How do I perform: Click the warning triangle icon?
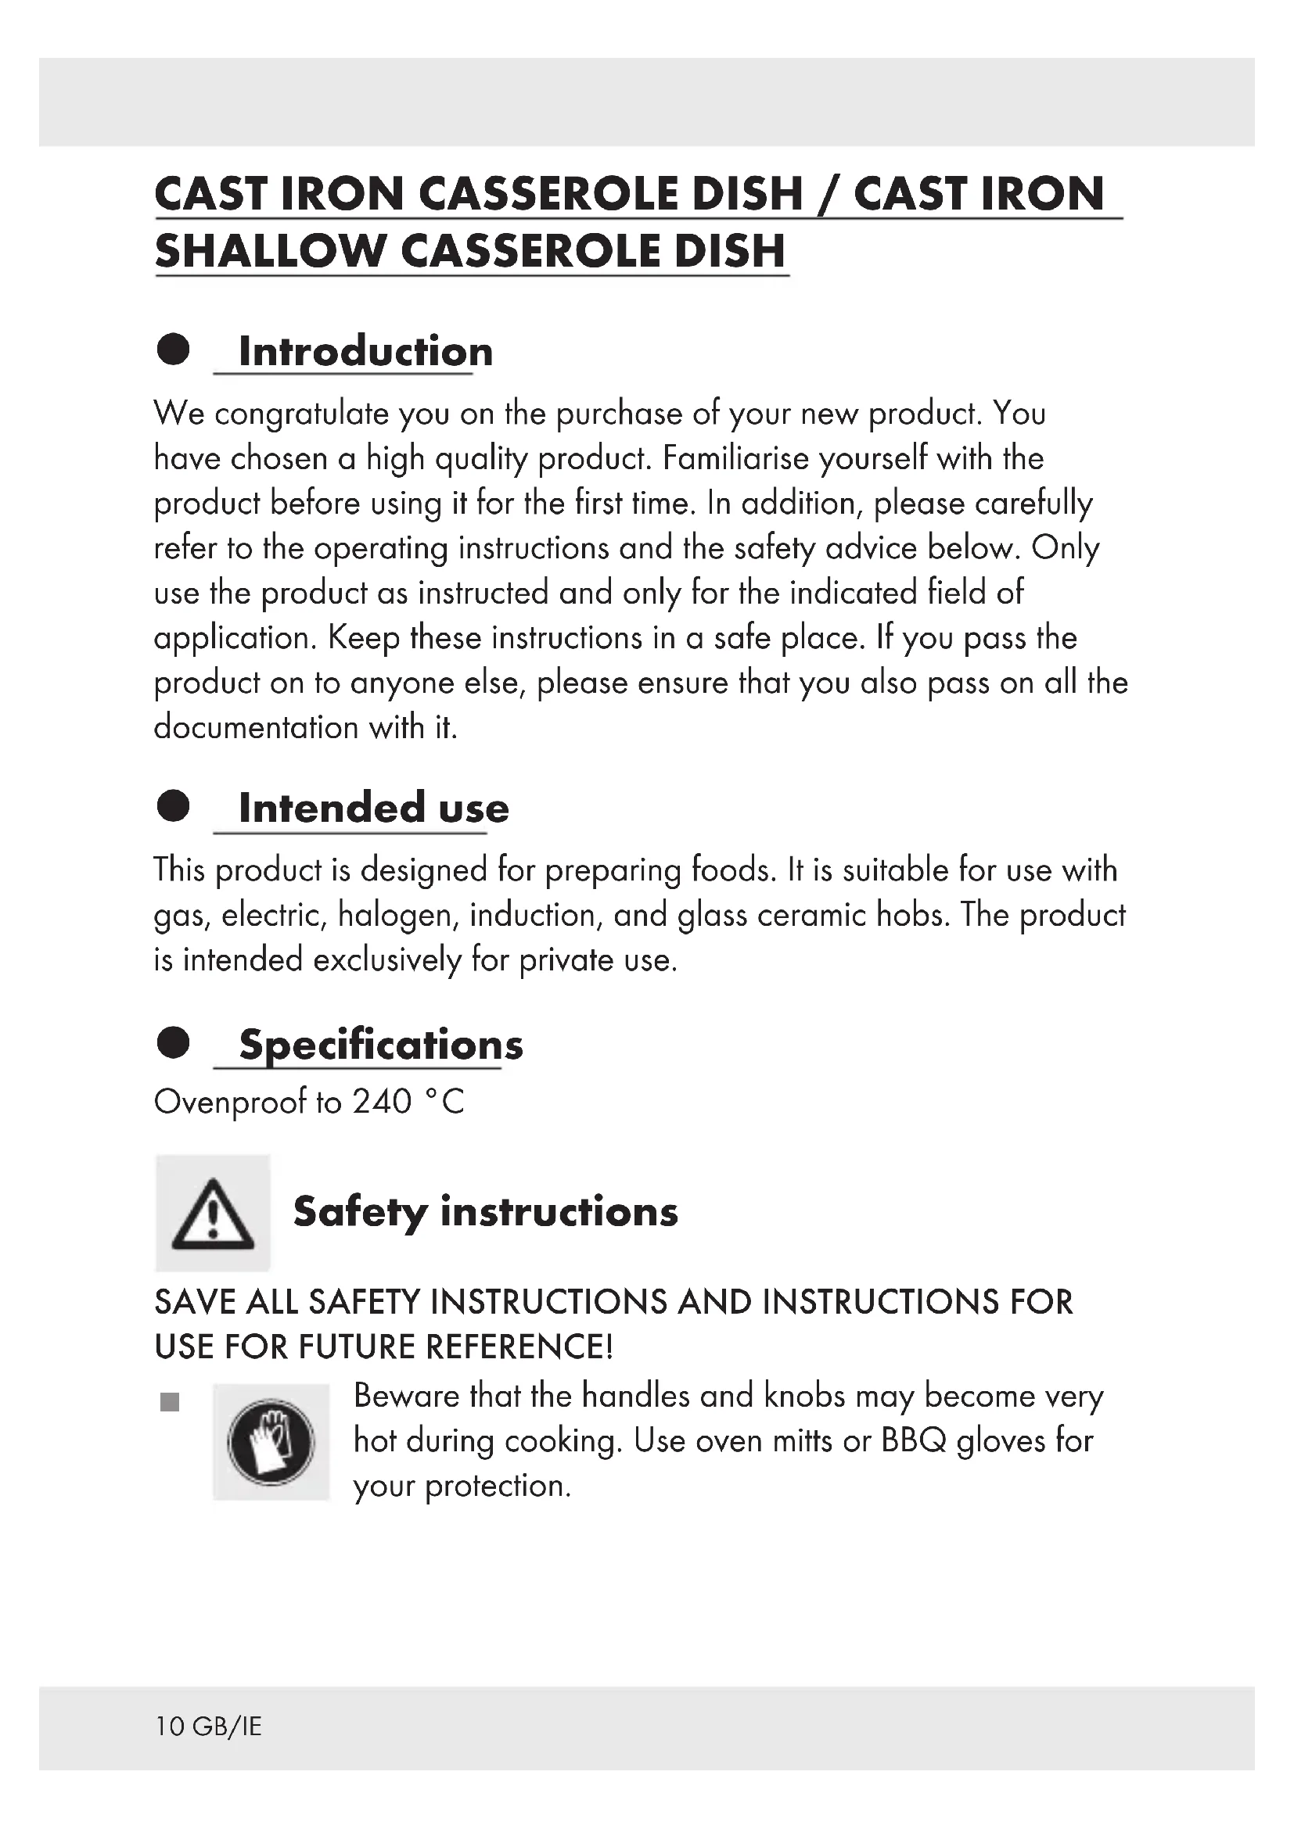[x=213, y=1214]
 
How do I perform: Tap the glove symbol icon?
[x=271, y=1443]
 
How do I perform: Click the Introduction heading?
[x=365, y=351]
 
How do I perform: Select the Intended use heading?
[x=374, y=808]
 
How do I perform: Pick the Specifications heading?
[x=381, y=1045]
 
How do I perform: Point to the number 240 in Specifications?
[x=382, y=1102]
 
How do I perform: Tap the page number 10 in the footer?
[x=170, y=1727]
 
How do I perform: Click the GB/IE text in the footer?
[x=227, y=1727]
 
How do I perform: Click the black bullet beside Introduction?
[x=174, y=349]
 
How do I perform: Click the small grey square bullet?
[x=170, y=1402]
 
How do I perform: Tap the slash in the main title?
[x=828, y=195]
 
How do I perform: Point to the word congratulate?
[x=301, y=414]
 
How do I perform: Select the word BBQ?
[x=914, y=1441]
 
